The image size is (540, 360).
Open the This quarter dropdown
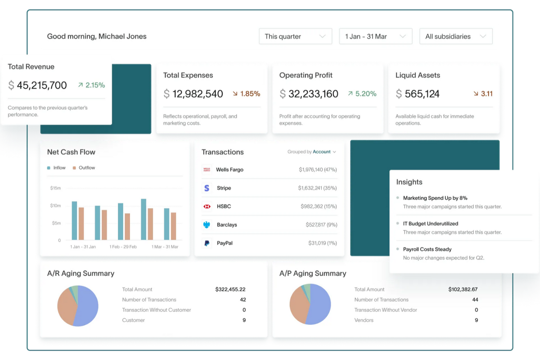[x=295, y=36]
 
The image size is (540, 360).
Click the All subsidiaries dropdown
[x=456, y=36]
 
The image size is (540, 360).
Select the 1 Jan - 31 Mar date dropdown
[x=375, y=36]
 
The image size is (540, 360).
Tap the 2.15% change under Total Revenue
[x=92, y=85]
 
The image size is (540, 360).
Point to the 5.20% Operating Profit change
[x=362, y=94]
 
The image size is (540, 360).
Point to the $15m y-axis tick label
[x=55, y=188]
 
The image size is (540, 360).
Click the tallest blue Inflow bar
[x=143, y=219]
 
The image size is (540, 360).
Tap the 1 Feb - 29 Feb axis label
[x=123, y=247]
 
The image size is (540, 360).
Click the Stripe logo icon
[x=207, y=188]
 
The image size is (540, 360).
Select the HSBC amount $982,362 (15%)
[x=319, y=206]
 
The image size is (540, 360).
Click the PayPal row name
[x=224, y=243]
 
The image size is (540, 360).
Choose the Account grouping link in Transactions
[x=321, y=152]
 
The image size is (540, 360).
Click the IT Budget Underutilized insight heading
[x=430, y=224]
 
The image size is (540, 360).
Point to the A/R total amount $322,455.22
[x=230, y=289]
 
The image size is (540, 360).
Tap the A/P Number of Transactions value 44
[x=475, y=299]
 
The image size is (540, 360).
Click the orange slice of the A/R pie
[x=66, y=308]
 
